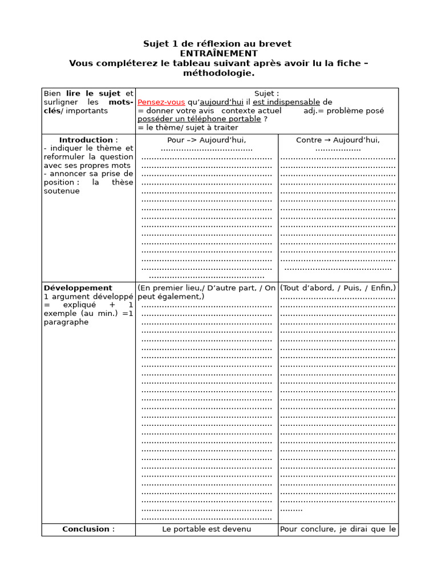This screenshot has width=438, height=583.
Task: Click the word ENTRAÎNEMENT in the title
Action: pyautogui.click(x=218, y=54)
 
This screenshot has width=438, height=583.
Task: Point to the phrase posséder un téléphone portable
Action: pyautogui.click(x=199, y=119)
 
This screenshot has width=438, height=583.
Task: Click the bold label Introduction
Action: pyautogui.click(x=86, y=140)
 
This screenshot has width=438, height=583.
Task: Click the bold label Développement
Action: pyautogui.click(x=78, y=288)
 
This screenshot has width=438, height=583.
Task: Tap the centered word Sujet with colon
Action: pyautogui.click(x=266, y=93)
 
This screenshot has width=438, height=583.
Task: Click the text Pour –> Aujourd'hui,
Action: pyautogui.click(x=206, y=140)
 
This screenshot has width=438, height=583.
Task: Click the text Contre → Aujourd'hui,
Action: pyautogui.click(x=338, y=140)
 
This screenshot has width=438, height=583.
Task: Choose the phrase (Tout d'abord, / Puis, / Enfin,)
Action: pyautogui.click(x=338, y=288)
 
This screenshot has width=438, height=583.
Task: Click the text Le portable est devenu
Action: pyautogui.click(x=206, y=529)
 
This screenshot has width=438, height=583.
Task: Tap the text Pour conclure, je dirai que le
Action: pyautogui.click(x=338, y=529)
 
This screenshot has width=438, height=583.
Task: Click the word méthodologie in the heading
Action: pyautogui.click(x=218, y=73)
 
